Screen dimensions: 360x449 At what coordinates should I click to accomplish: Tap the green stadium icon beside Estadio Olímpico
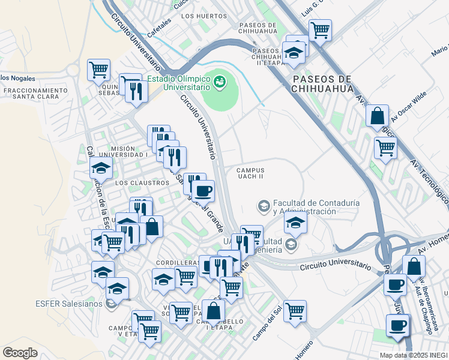[220, 80]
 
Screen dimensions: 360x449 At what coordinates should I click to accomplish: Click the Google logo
[20, 352]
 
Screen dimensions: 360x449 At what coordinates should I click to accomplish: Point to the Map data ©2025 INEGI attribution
[413, 355]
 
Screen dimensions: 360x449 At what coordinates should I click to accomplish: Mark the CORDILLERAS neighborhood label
[177, 263]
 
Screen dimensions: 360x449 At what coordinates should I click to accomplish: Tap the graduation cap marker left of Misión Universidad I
[101, 167]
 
